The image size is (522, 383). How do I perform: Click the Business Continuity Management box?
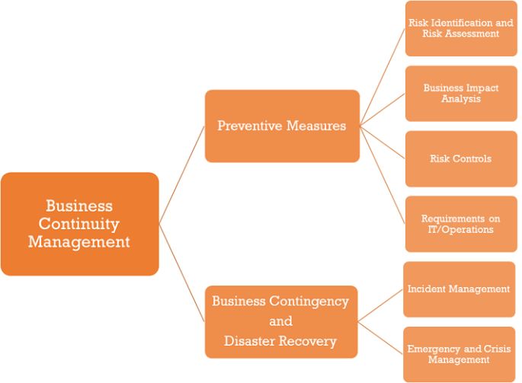click(x=80, y=224)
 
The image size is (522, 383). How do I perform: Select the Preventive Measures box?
click(x=282, y=126)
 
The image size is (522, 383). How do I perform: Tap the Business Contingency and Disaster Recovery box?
click(x=281, y=322)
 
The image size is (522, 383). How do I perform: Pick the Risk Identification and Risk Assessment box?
click(x=461, y=28)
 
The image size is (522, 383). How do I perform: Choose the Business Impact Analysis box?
click(x=461, y=94)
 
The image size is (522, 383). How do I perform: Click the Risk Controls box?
click(x=461, y=158)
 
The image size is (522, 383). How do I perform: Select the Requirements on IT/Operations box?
click(x=461, y=224)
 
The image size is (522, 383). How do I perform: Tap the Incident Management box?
click(x=459, y=289)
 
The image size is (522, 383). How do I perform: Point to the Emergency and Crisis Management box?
click(x=459, y=354)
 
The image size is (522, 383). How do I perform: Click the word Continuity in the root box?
click(x=79, y=224)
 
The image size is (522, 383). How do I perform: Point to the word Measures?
click(x=316, y=126)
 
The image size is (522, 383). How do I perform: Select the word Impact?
click(x=482, y=88)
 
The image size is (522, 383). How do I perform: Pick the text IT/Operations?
click(x=461, y=229)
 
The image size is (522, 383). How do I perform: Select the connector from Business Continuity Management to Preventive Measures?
click(x=182, y=175)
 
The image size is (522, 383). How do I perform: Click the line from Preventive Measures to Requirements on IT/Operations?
click(x=383, y=175)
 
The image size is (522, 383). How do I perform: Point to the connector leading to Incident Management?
click(x=380, y=305)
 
